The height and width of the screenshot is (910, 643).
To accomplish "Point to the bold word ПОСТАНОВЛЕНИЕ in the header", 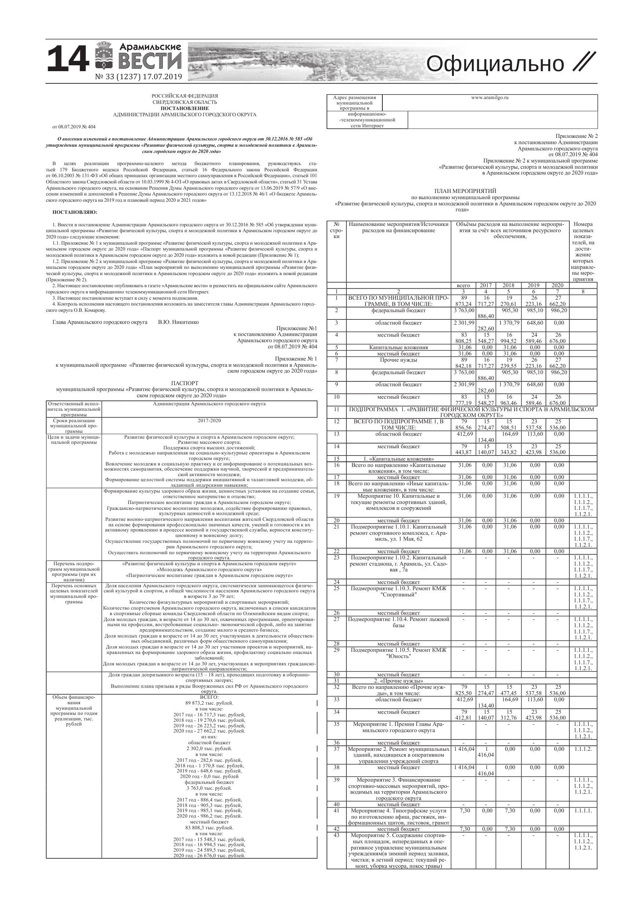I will click(x=185, y=108).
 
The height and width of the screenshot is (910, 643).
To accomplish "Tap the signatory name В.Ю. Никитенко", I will click(x=178, y=322).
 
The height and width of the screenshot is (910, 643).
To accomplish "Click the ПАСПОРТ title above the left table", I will click(x=185, y=383).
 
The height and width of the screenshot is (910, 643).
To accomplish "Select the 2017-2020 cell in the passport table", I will click(x=209, y=420).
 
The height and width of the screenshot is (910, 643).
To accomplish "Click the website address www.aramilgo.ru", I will click(x=490, y=98).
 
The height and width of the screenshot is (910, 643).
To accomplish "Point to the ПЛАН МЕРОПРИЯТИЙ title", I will click(x=465, y=191).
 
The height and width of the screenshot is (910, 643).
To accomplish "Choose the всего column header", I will click(x=463, y=285).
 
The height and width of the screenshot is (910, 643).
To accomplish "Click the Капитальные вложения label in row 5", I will click(x=398, y=347).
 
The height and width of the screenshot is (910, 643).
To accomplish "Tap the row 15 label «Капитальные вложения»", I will click(x=398, y=458).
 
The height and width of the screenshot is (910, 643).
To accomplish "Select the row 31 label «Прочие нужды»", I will click(x=398, y=681).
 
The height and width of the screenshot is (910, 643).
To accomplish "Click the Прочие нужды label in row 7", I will click(x=398, y=360).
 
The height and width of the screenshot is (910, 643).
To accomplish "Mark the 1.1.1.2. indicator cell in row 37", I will click(x=583, y=749).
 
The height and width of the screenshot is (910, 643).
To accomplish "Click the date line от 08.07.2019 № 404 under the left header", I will click(x=74, y=127).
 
